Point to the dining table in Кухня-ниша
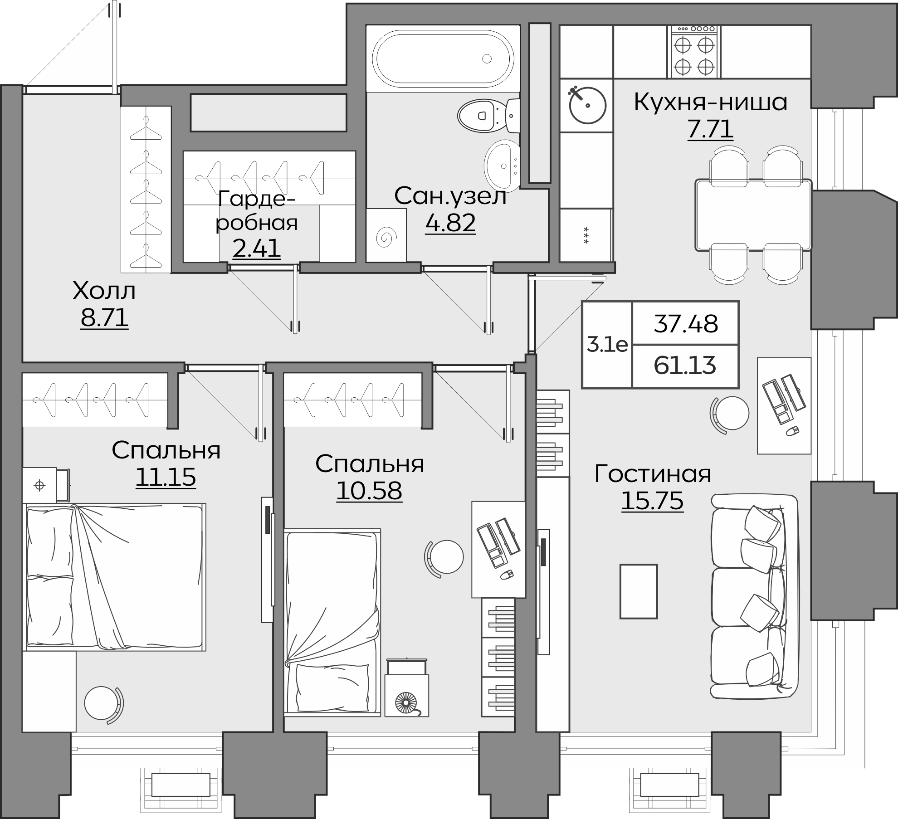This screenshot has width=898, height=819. tap(753, 215)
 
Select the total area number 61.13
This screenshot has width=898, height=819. tap(685, 366)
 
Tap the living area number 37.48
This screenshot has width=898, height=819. tap(686, 324)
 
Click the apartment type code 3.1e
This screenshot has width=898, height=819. tap(607, 346)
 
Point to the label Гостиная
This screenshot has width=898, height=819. tap(653, 474)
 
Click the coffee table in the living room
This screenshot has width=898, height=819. tap(639, 591)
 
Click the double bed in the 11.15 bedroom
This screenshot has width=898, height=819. tap(116, 577)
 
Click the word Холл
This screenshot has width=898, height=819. tap(104, 291)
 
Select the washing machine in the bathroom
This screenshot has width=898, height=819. tap(386, 235)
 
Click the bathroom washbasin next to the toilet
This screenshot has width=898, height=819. tap(502, 166)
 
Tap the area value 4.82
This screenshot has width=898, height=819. tap(450, 223)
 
